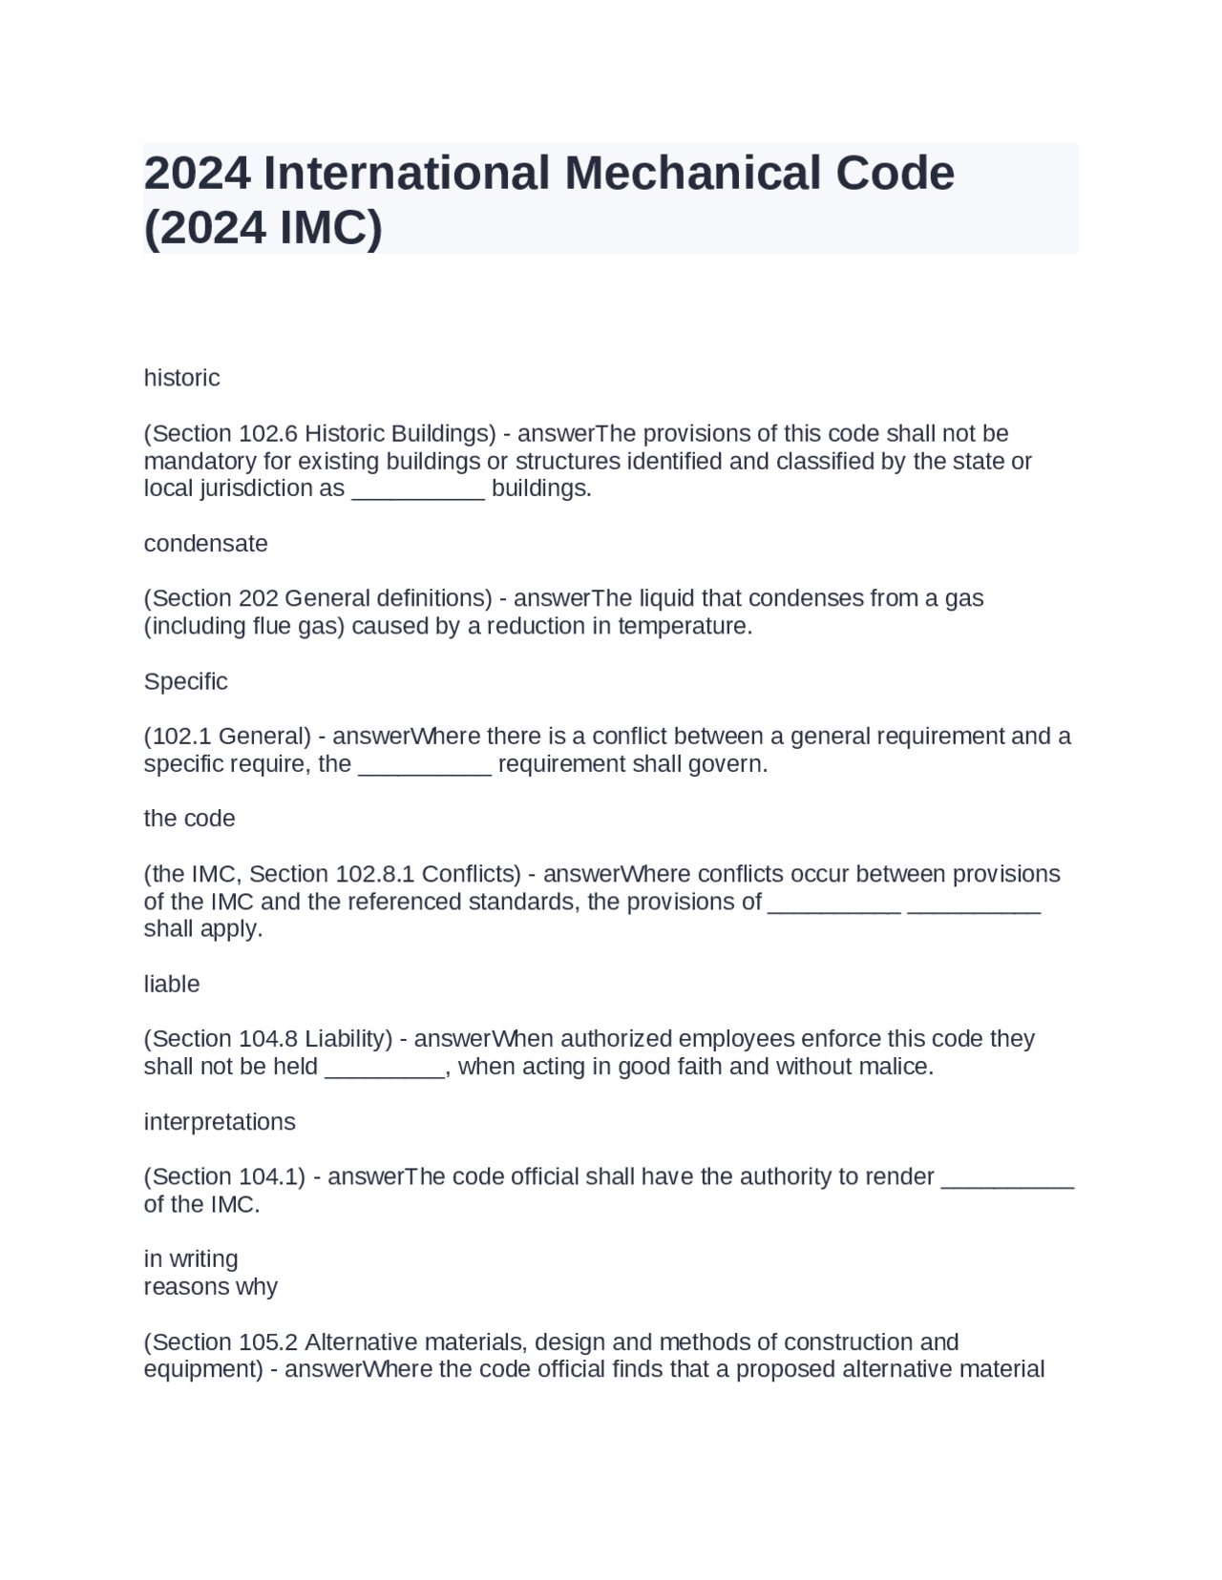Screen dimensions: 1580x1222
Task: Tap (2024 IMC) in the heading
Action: [263, 227]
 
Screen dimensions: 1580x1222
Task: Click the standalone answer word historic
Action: [181, 378]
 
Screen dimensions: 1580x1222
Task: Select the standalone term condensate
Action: [205, 544]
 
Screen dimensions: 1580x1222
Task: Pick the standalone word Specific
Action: [185, 681]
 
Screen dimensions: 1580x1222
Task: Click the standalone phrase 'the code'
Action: [189, 819]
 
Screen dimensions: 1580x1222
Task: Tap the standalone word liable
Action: [172, 984]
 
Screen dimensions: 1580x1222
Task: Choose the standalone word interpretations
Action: [220, 1122]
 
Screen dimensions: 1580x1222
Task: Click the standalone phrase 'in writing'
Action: [191, 1259]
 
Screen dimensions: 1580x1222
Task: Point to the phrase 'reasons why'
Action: [210, 1287]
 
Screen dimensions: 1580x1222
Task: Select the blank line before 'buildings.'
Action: [418, 490]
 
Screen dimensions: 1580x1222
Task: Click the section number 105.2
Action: [268, 1342]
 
